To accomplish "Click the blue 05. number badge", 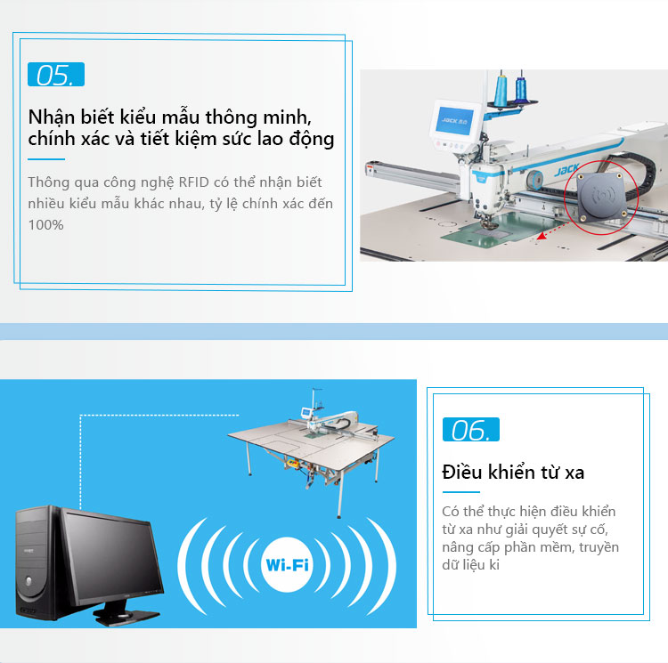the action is [x=56, y=75].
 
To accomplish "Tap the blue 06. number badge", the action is [x=471, y=429].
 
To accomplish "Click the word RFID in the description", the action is [x=193, y=182].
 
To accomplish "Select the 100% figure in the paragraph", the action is [x=46, y=224].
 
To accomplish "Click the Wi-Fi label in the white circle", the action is [x=287, y=565].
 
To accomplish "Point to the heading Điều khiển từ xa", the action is [x=513, y=472].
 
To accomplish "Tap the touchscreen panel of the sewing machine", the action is [x=454, y=120].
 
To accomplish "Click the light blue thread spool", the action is [x=501, y=88].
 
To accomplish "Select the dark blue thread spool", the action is [x=521, y=89].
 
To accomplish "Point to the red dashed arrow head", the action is [x=541, y=236].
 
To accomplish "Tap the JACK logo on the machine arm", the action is [x=566, y=170].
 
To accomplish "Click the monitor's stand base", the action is [x=126, y=616].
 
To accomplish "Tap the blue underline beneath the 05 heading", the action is [x=46, y=159].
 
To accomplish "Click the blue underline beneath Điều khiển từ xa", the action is [x=461, y=492].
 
